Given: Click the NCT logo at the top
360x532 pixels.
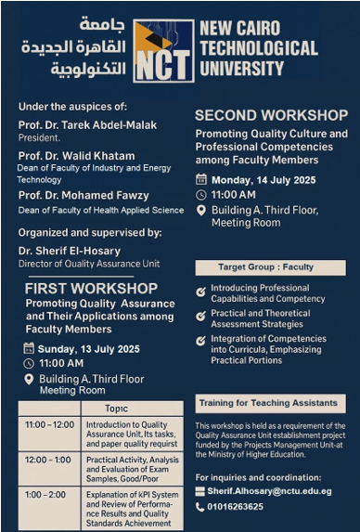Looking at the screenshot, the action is coord(162,51).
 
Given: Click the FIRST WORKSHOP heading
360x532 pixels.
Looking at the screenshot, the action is coord(91,289).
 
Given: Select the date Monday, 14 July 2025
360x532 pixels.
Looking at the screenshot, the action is coord(264,179).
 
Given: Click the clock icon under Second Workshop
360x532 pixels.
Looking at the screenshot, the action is coord(201,195).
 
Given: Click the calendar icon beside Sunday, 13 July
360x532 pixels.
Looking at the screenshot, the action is coord(28,349).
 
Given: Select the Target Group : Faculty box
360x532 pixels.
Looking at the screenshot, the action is coord(270,267).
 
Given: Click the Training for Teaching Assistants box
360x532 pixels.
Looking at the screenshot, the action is coord(269,403).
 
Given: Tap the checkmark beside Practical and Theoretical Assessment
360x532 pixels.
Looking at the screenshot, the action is coord(201,318).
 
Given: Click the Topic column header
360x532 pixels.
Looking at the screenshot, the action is coord(116,409).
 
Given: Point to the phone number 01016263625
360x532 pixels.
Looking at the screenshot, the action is coord(237,507).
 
